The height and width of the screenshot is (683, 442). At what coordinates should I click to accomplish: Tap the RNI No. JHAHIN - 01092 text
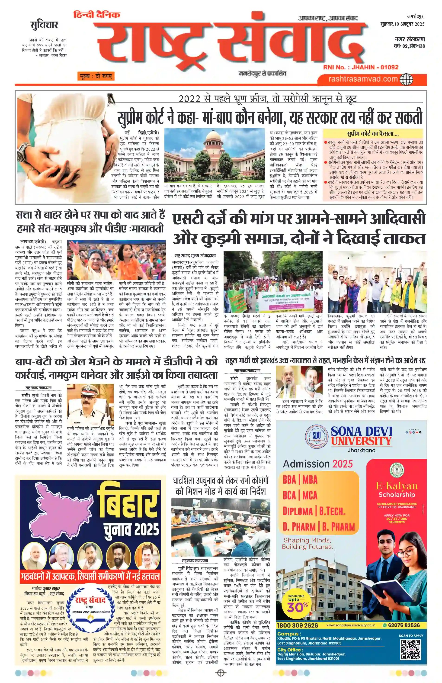tap(361, 67)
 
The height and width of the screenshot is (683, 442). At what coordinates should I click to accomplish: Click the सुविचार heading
tap(44, 25)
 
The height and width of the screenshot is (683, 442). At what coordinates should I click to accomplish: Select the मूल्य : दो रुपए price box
tap(96, 76)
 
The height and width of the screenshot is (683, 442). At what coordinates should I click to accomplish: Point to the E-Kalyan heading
tap(397, 486)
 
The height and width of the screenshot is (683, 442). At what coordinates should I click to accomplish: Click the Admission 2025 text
tap(318, 464)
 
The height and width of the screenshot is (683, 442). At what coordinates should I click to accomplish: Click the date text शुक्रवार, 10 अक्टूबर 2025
tap(401, 24)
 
